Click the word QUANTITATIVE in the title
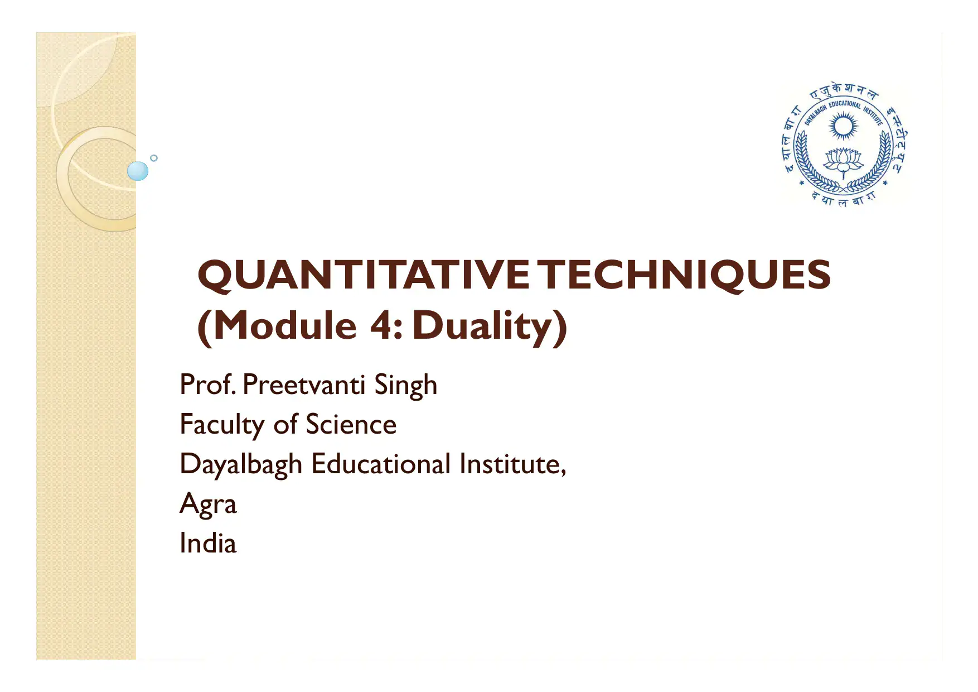(x=363, y=275)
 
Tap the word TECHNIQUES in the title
(x=686, y=275)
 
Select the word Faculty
(x=221, y=425)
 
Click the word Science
(x=351, y=425)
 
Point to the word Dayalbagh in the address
(x=241, y=465)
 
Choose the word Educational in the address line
(x=381, y=464)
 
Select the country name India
(x=208, y=544)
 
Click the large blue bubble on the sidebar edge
(x=138, y=171)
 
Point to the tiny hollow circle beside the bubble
(x=154, y=158)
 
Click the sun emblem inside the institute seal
(x=843, y=126)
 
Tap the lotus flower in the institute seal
(x=843, y=160)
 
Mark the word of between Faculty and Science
(x=285, y=425)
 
